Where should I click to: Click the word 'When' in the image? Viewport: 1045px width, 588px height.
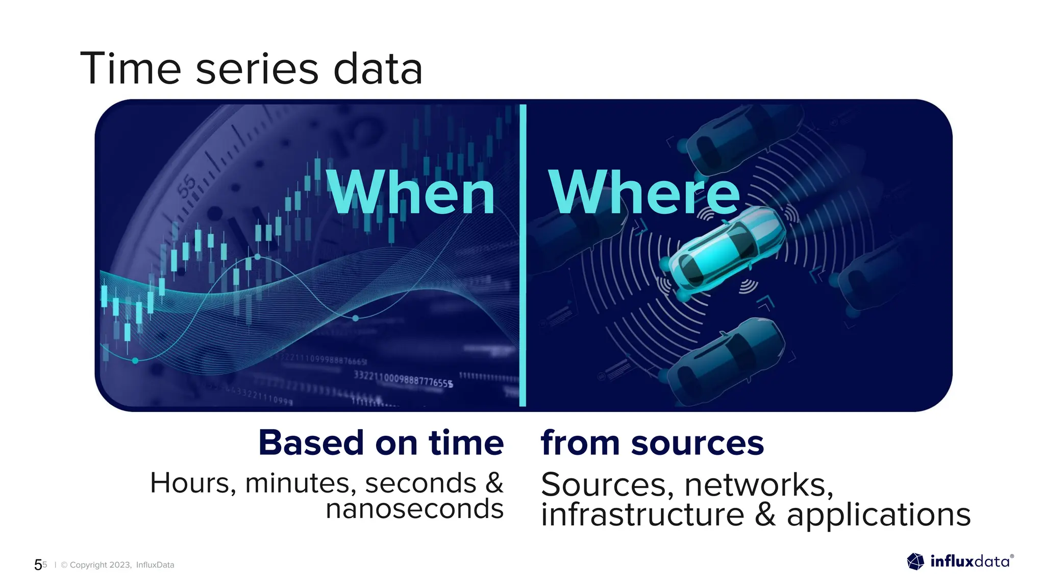click(411, 193)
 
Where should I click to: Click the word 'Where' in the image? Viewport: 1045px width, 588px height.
click(644, 193)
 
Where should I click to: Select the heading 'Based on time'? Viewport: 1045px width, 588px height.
click(381, 443)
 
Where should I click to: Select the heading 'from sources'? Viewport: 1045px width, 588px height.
click(652, 443)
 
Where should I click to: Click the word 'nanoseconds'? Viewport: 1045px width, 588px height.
click(414, 509)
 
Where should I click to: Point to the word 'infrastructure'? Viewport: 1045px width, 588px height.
click(642, 514)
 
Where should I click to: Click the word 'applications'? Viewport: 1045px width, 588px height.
click(878, 514)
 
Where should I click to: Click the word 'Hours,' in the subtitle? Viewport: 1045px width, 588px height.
click(193, 483)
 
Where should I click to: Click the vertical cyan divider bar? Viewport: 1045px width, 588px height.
click(522, 255)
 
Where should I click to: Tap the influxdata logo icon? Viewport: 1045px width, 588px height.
click(915, 561)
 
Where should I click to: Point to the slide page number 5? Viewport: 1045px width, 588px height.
click(38, 565)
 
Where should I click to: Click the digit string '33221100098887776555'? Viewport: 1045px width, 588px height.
click(403, 380)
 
